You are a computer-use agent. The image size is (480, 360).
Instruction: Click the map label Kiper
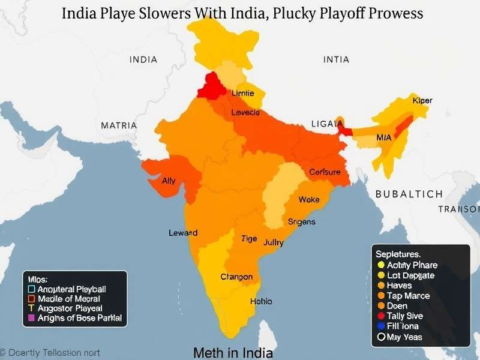click(422, 101)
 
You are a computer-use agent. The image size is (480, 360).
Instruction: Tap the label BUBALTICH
click(409, 194)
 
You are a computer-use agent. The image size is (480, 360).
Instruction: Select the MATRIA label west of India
click(118, 126)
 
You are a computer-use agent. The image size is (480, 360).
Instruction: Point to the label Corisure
click(325, 172)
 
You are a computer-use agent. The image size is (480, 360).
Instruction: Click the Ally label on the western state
click(169, 181)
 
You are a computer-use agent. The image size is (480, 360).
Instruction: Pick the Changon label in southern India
click(236, 277)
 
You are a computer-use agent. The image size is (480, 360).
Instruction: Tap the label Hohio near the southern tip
click(260, 301)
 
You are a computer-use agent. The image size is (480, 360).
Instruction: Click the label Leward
click(183, 233)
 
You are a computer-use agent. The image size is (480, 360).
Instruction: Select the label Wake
click(309, 199)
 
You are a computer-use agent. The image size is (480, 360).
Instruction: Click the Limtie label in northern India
click(242, 94)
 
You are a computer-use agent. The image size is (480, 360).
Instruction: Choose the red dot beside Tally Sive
click(380, 316)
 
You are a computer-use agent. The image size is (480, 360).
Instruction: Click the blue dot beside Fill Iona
click(380, 326)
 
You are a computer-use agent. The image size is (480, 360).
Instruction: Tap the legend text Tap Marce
click(408, 296)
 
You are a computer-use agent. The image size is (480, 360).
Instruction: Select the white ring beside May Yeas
click(380, 337)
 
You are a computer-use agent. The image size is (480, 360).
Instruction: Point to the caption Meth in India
click(233, 353)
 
